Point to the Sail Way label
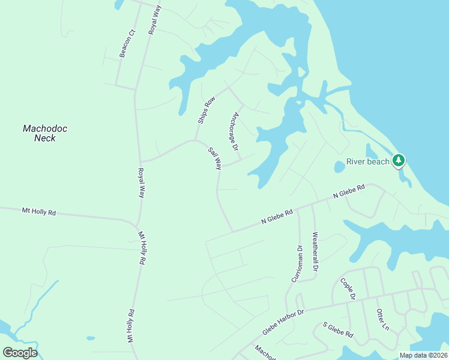point(215,158)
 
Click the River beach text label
point(368,161)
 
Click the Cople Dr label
point(348,289)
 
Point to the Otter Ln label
point(382,319)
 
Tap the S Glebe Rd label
point(338,329)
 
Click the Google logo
point(20,353)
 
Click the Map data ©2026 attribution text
point(423,355)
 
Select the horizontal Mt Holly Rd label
point(38,211)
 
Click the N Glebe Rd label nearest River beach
point(349,192)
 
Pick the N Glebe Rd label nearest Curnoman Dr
point(277,217)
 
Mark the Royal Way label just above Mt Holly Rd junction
point(142,183)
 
